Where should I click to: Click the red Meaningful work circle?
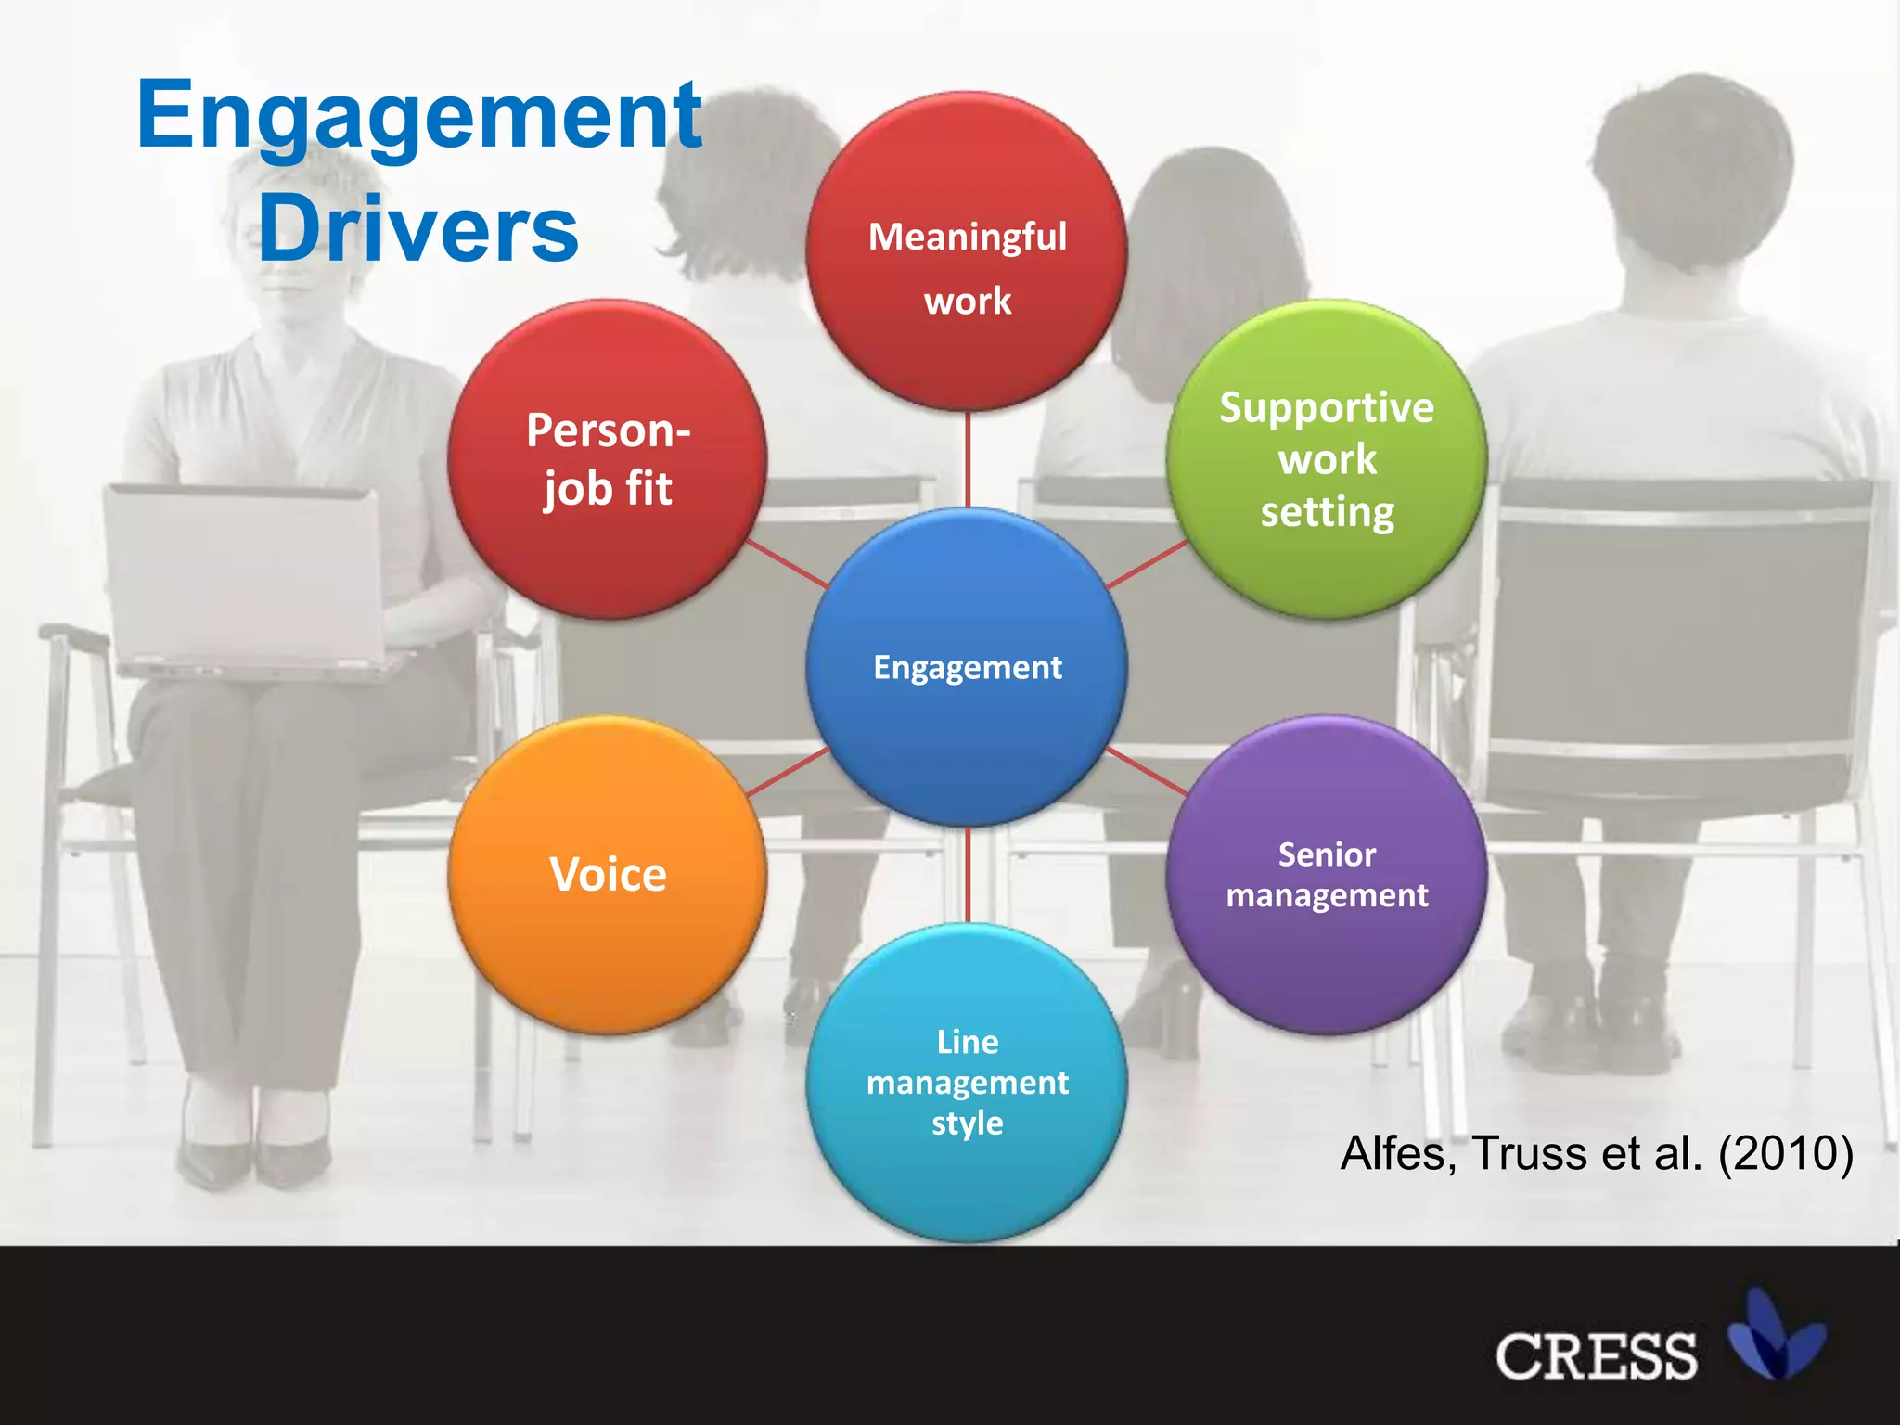point(967,250)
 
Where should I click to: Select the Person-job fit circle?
point(608,459)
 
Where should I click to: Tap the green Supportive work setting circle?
point(1327,459)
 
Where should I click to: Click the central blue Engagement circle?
point(967,667)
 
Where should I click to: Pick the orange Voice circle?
point(608,875)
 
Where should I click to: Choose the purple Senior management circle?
point(1327,875)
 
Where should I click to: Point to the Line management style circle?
point(967,1083)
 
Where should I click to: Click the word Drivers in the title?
point(417,228)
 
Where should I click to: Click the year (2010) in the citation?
point(1785,1153)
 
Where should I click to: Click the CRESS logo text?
point(1596,1356)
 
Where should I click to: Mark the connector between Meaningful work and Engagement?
point(968,459)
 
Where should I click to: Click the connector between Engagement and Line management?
point(968,875)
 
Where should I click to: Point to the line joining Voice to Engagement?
point(788,772)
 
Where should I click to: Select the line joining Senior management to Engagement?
point(1147,771)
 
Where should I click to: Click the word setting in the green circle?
point(1327,512)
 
